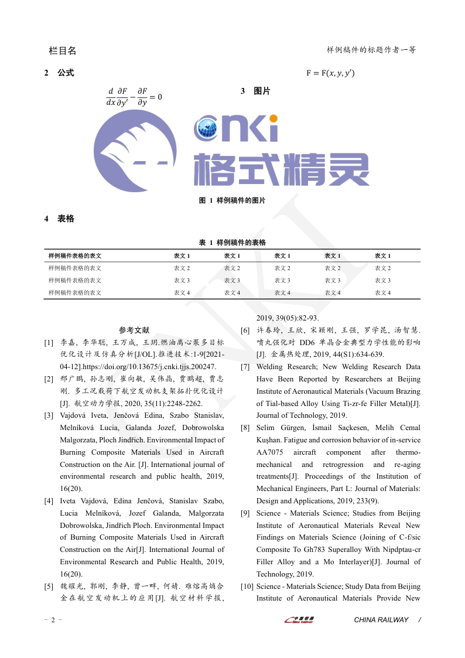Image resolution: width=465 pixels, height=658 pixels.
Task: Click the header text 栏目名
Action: [x=62, y=50]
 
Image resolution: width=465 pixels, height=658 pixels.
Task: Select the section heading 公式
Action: [x=66, y=73]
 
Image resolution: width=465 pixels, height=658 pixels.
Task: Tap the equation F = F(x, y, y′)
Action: [x=330, y=73]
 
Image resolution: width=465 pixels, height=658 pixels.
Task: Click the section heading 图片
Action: [x=262, y=91]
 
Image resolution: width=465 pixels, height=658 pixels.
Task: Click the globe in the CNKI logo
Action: [x=207, y=128]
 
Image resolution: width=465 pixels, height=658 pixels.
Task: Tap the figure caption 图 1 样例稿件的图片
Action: [x=232, y=200]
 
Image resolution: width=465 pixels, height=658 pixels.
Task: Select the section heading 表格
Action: [x=66, y=219]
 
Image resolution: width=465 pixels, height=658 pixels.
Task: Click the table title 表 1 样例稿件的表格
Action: [x=232, y=243]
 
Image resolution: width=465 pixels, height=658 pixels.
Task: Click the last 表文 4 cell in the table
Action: [x=382, y=293]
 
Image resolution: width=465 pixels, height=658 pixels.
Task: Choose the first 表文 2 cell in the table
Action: [x=182, y=268]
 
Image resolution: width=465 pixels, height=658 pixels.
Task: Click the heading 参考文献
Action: [x=134, y=330]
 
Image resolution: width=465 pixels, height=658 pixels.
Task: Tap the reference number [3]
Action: [x=49, y=415]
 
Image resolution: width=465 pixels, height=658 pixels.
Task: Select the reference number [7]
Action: [x=245, y=367]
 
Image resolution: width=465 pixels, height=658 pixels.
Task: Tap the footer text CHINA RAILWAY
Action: [x=381, y=620]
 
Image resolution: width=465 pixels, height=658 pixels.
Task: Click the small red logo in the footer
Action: [x=299, y=619]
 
